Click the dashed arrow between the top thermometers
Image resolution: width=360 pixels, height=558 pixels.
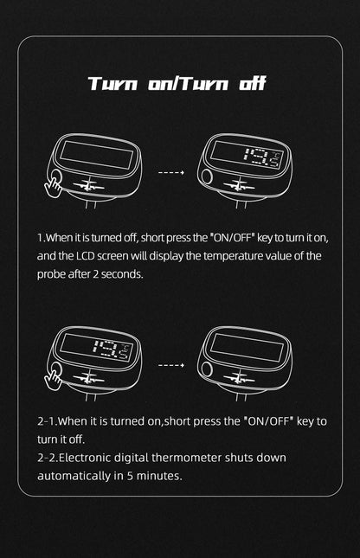pyautogui.click(x=171, y=173)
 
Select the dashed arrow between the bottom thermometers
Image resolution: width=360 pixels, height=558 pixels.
pyautogui.click(x=171, y=365)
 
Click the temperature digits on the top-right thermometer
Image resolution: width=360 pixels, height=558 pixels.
pyautogui.click(x=262, y=157)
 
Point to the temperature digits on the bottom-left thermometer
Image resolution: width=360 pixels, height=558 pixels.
pyautogui.click(x=112, y=350)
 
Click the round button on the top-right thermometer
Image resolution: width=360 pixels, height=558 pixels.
pyautogui.click(x=207, y=176)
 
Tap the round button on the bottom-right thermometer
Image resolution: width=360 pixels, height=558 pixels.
pyautogui.click(x=207, y=369)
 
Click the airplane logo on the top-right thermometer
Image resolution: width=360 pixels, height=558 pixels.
pyautogui.click(x=239, y=185)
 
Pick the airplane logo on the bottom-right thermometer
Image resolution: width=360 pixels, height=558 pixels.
pyautogui.click(x=239, y=377)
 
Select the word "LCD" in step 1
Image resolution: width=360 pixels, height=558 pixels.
pyautogui.click(x=86, y=256)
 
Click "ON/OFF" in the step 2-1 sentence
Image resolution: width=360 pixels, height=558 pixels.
pyautogui.click(x=268, y=421)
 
